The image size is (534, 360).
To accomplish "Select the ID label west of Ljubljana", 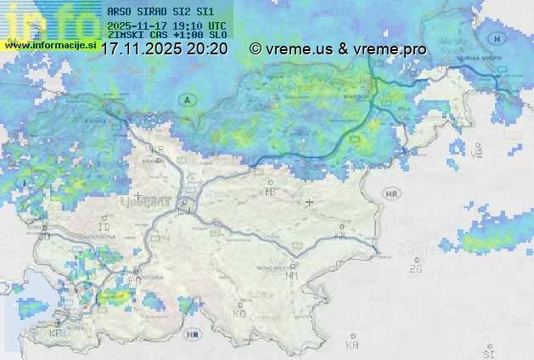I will point(104,228).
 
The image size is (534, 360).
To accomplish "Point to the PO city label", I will point(134,279).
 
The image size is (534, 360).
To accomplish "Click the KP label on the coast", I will point(56,334).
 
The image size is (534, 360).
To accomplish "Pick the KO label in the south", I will point(239,313).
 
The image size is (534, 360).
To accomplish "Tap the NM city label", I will point(291,275).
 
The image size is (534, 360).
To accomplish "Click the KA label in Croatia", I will point(352,345).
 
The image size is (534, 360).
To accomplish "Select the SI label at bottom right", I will point(487,352).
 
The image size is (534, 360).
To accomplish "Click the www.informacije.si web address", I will point(50,44).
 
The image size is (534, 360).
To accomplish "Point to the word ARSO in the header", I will point(121,13).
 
